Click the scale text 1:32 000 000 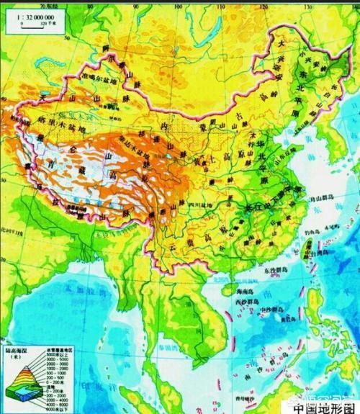pyautogui.click(x=29, y=14)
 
